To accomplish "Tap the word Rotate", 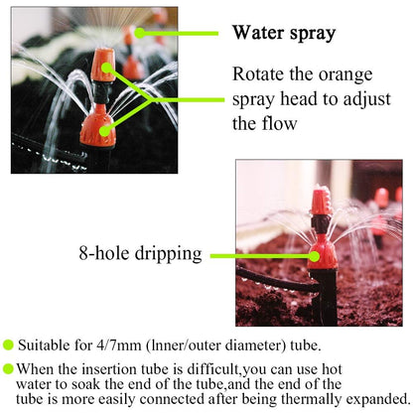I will [x=261, y=74].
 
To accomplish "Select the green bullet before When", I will [x=9, y=367].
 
